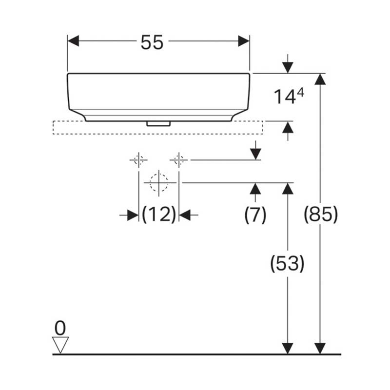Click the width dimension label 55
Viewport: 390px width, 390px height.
coord(152,42)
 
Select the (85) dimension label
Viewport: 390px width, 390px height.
coord(321,214)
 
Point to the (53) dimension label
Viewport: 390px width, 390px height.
coord(287,263)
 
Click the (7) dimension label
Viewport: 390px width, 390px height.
coord(255,214)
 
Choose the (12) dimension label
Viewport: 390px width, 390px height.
coord(159,214)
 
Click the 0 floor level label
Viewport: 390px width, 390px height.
coord(60,328)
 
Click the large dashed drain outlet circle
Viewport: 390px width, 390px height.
coord(159,183)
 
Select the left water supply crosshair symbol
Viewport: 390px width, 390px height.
coord(138,160)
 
